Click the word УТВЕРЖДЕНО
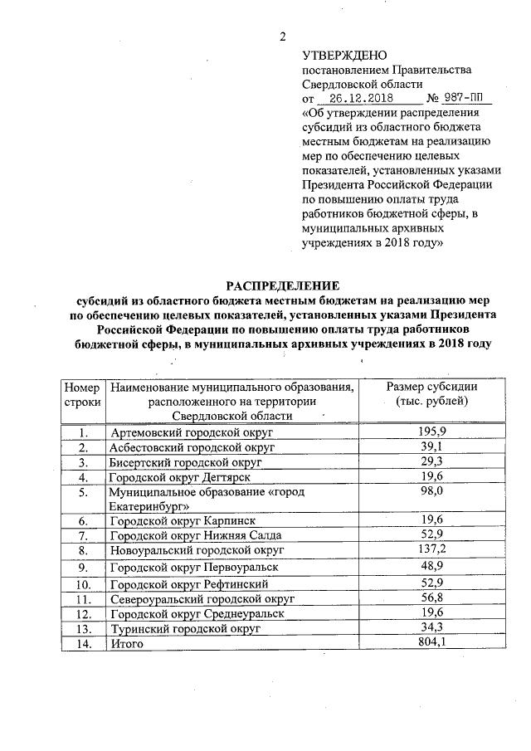pos(344,56)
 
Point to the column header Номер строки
pos(81,394)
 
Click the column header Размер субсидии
pos(432,394)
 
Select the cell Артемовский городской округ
pos(192,433)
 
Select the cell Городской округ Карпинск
pos(178,520)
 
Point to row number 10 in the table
pos(81,584)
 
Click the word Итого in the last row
pos(127,643)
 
